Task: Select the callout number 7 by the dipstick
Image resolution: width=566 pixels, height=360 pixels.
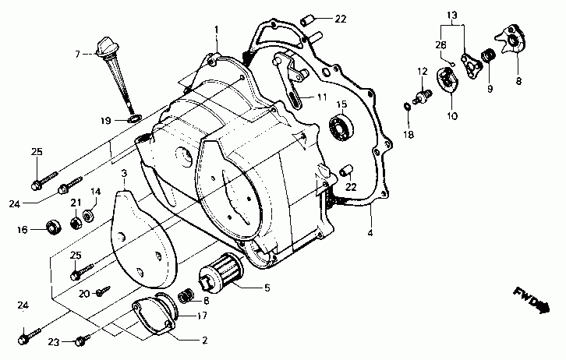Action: pos(78,53)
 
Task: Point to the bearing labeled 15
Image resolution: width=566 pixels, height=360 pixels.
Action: pos(341,126)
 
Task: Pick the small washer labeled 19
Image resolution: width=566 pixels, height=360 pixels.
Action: pos(133,118)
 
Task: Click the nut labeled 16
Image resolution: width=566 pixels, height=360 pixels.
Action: pos(53,228)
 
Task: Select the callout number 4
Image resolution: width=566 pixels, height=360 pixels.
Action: pos(371,231)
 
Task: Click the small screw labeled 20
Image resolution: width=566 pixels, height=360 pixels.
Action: pos(101,292)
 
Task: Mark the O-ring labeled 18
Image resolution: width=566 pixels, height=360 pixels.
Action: pos(408,107)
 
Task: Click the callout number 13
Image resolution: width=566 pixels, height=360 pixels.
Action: pos(452,16)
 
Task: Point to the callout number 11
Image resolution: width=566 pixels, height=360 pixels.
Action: pos(320,97)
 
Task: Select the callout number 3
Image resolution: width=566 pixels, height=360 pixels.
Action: pos(124,171)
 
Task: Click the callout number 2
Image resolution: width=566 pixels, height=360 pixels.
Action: pos(203,340)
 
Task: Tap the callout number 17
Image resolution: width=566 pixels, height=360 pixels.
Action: pos(201,316)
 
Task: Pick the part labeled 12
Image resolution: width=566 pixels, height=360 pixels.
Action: pos(425,97)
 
